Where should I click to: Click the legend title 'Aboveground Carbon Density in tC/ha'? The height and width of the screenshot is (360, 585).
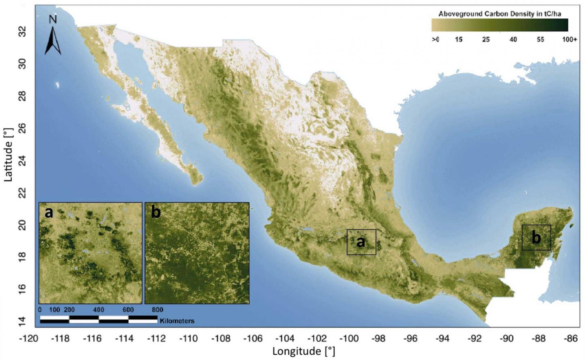tap(500, 14)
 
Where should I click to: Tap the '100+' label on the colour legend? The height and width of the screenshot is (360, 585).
tap(570, 39)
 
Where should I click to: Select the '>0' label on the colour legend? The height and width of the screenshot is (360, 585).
tap(435, 39)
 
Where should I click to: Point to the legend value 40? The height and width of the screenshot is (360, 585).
tap(513, 39)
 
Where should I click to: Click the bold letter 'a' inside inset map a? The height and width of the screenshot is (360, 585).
tap(49, 212)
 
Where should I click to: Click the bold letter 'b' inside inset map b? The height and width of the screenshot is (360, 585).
tap(156, 212)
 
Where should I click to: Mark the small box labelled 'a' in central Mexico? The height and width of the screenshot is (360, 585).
tap(361, 242)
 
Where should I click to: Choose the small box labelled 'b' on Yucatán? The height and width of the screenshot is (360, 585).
tap(536, 238)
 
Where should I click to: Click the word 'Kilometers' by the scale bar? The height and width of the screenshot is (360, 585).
tap(177, 321)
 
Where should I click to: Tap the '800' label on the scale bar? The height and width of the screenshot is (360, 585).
tap(158, 310)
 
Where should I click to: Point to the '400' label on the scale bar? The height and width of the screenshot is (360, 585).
tap(99, 310)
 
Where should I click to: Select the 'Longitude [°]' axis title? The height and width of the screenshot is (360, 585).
tap(303, 351)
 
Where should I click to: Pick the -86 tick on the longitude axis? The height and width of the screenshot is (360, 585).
tap(571, 338)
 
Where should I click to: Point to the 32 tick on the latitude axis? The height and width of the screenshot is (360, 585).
tap(22, 31)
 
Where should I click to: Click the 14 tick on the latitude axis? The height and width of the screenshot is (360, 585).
tap(22, 321)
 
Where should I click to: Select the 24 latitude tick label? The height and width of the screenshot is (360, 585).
tap(22, 160)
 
